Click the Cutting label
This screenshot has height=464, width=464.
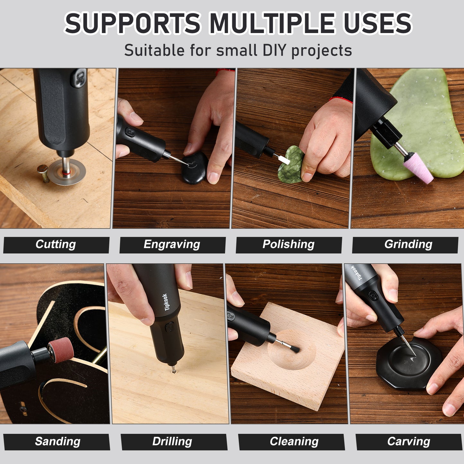click(56, 245)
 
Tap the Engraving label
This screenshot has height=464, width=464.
click(172, 245)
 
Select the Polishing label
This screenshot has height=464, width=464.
click(288, 245)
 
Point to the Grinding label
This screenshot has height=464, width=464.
click(408, 245)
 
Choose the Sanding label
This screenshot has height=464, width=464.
click(57, 442)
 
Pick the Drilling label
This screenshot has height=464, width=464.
click(172, 442)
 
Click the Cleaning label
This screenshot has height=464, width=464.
click(294, 442)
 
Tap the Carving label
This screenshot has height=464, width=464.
click(408, 442)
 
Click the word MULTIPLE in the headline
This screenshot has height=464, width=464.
click(272, 23)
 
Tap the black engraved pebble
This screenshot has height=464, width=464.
click(195, 168)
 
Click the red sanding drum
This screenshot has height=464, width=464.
click(61, 350)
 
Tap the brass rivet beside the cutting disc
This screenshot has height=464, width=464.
click(43, 172)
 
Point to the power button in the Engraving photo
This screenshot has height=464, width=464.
click(130, 132)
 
